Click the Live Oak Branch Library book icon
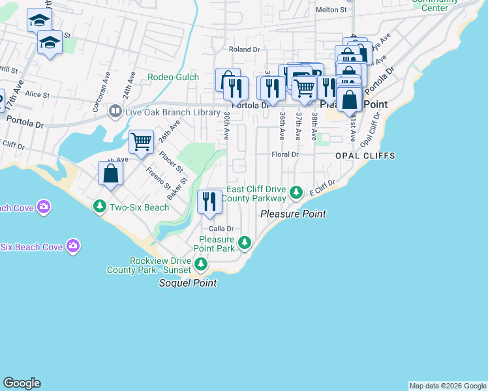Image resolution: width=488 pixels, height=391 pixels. tap(115, 112)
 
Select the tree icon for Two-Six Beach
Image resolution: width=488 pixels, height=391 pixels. tap(100, 207)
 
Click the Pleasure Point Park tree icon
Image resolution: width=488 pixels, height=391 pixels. tap(245, 243)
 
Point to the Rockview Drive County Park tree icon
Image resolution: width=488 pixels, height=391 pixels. tap(202, 264)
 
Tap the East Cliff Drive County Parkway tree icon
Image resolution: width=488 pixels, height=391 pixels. tap(296, 192)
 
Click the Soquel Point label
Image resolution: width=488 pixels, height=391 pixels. tap(189, 283)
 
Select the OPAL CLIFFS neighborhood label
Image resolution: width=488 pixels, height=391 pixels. tap(365, 156)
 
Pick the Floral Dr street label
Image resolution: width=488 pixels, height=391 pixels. tap(284, 155)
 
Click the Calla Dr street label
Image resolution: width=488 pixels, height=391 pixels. tap(221, 229)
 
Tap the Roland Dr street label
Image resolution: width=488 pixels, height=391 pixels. tap(244, 50)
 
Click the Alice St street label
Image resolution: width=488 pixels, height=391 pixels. tap(37, 94)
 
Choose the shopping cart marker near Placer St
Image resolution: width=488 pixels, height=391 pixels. tap(141, 142)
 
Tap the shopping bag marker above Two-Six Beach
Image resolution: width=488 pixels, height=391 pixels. tap(110, 174)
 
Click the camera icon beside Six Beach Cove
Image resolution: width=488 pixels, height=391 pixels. tap(74, 246)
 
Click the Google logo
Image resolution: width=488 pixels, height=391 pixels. tap(22, 383)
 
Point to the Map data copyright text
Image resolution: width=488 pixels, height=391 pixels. tap(448, 386)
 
